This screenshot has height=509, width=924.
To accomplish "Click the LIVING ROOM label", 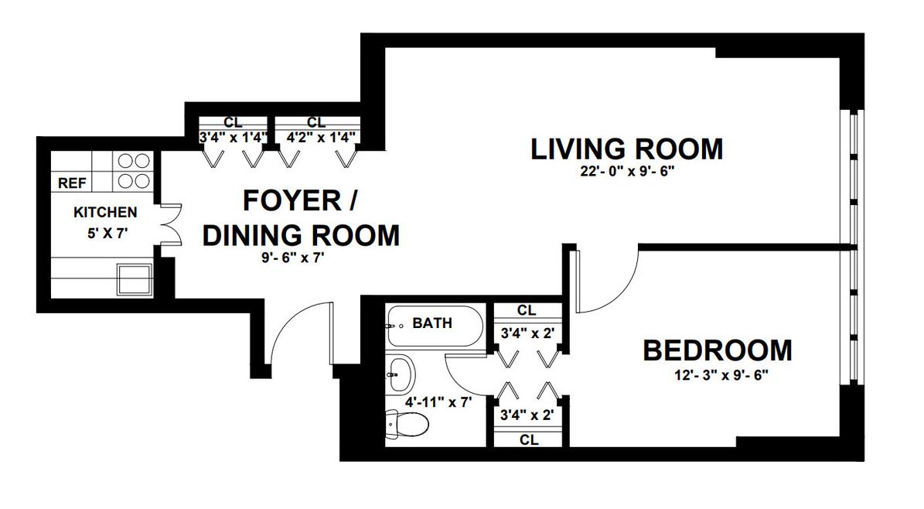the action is coord(626,149).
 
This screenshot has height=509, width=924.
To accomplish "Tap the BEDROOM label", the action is coord(717,350).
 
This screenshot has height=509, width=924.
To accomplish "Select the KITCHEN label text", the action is coord(105,212).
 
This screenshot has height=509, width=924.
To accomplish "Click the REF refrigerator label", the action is coord(72,183).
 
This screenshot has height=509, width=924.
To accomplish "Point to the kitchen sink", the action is coord(135,279).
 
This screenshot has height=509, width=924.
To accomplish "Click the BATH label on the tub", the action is coord(432,323).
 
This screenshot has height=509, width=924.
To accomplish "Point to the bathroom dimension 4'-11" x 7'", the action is coord(439,403).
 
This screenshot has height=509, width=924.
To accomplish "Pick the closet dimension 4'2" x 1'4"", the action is coord(321,138).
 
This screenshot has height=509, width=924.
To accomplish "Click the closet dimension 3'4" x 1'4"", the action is coord(234,138).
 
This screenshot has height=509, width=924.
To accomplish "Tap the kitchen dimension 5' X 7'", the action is coord(107,233).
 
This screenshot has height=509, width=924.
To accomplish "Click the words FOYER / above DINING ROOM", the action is coord(300,201).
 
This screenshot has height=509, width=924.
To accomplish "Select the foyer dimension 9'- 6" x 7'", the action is coord(294,258).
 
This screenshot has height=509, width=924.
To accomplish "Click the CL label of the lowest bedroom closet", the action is coord(529,440).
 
